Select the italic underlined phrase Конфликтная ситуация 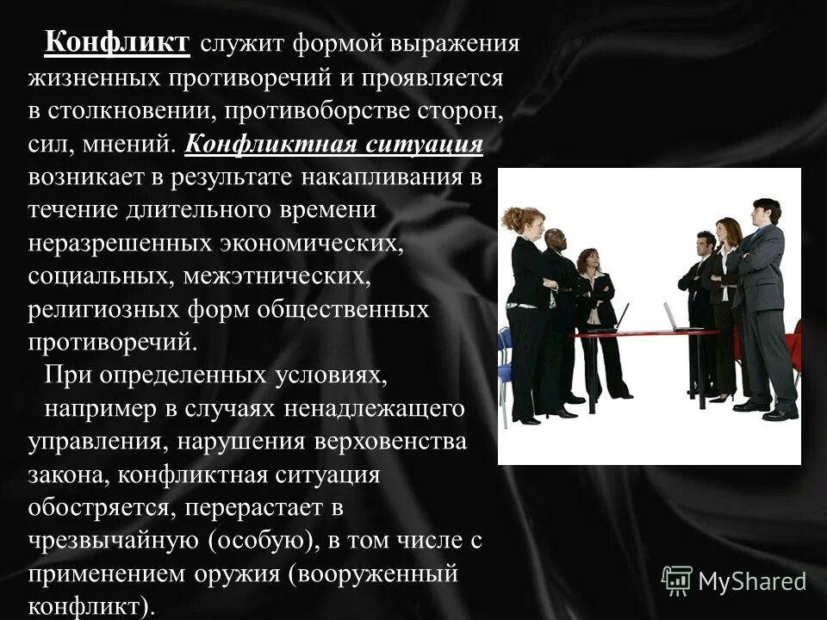(x=333, y=143)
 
